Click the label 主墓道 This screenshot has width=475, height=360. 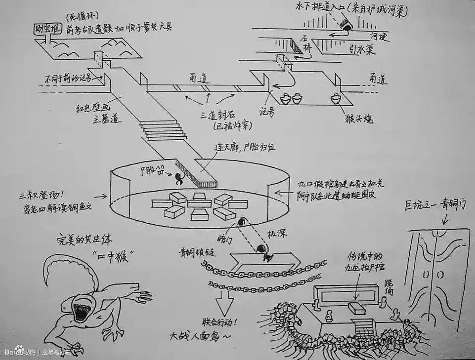point(106,119)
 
